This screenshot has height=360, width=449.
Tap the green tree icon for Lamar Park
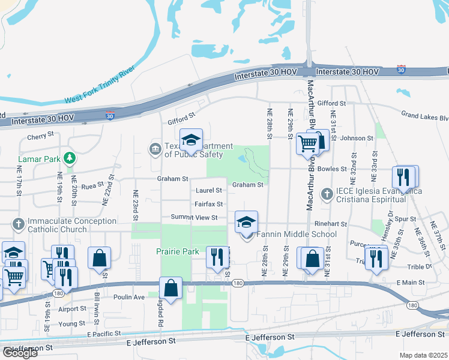70,158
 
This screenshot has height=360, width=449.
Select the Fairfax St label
209,204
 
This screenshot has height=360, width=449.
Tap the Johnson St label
357,138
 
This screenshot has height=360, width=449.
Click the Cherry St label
41,137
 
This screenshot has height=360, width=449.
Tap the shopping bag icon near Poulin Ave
171,288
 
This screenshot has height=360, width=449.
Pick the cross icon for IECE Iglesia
327,194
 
